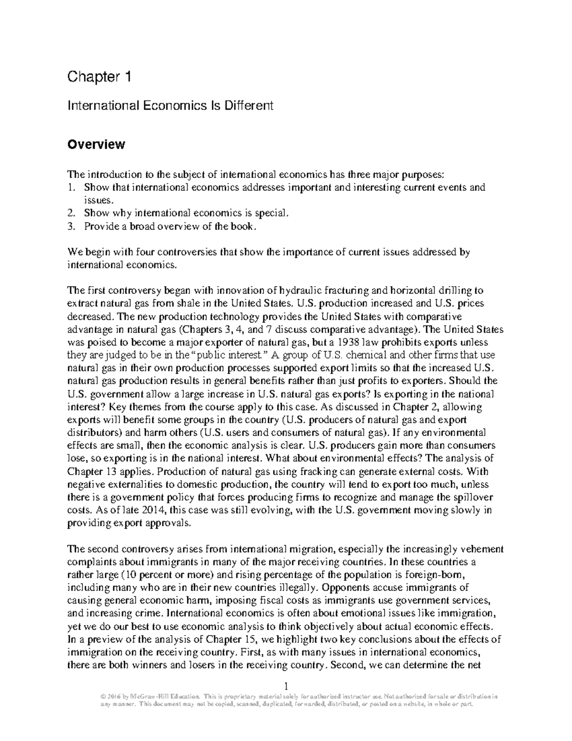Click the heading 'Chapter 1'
tap(99, 76)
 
